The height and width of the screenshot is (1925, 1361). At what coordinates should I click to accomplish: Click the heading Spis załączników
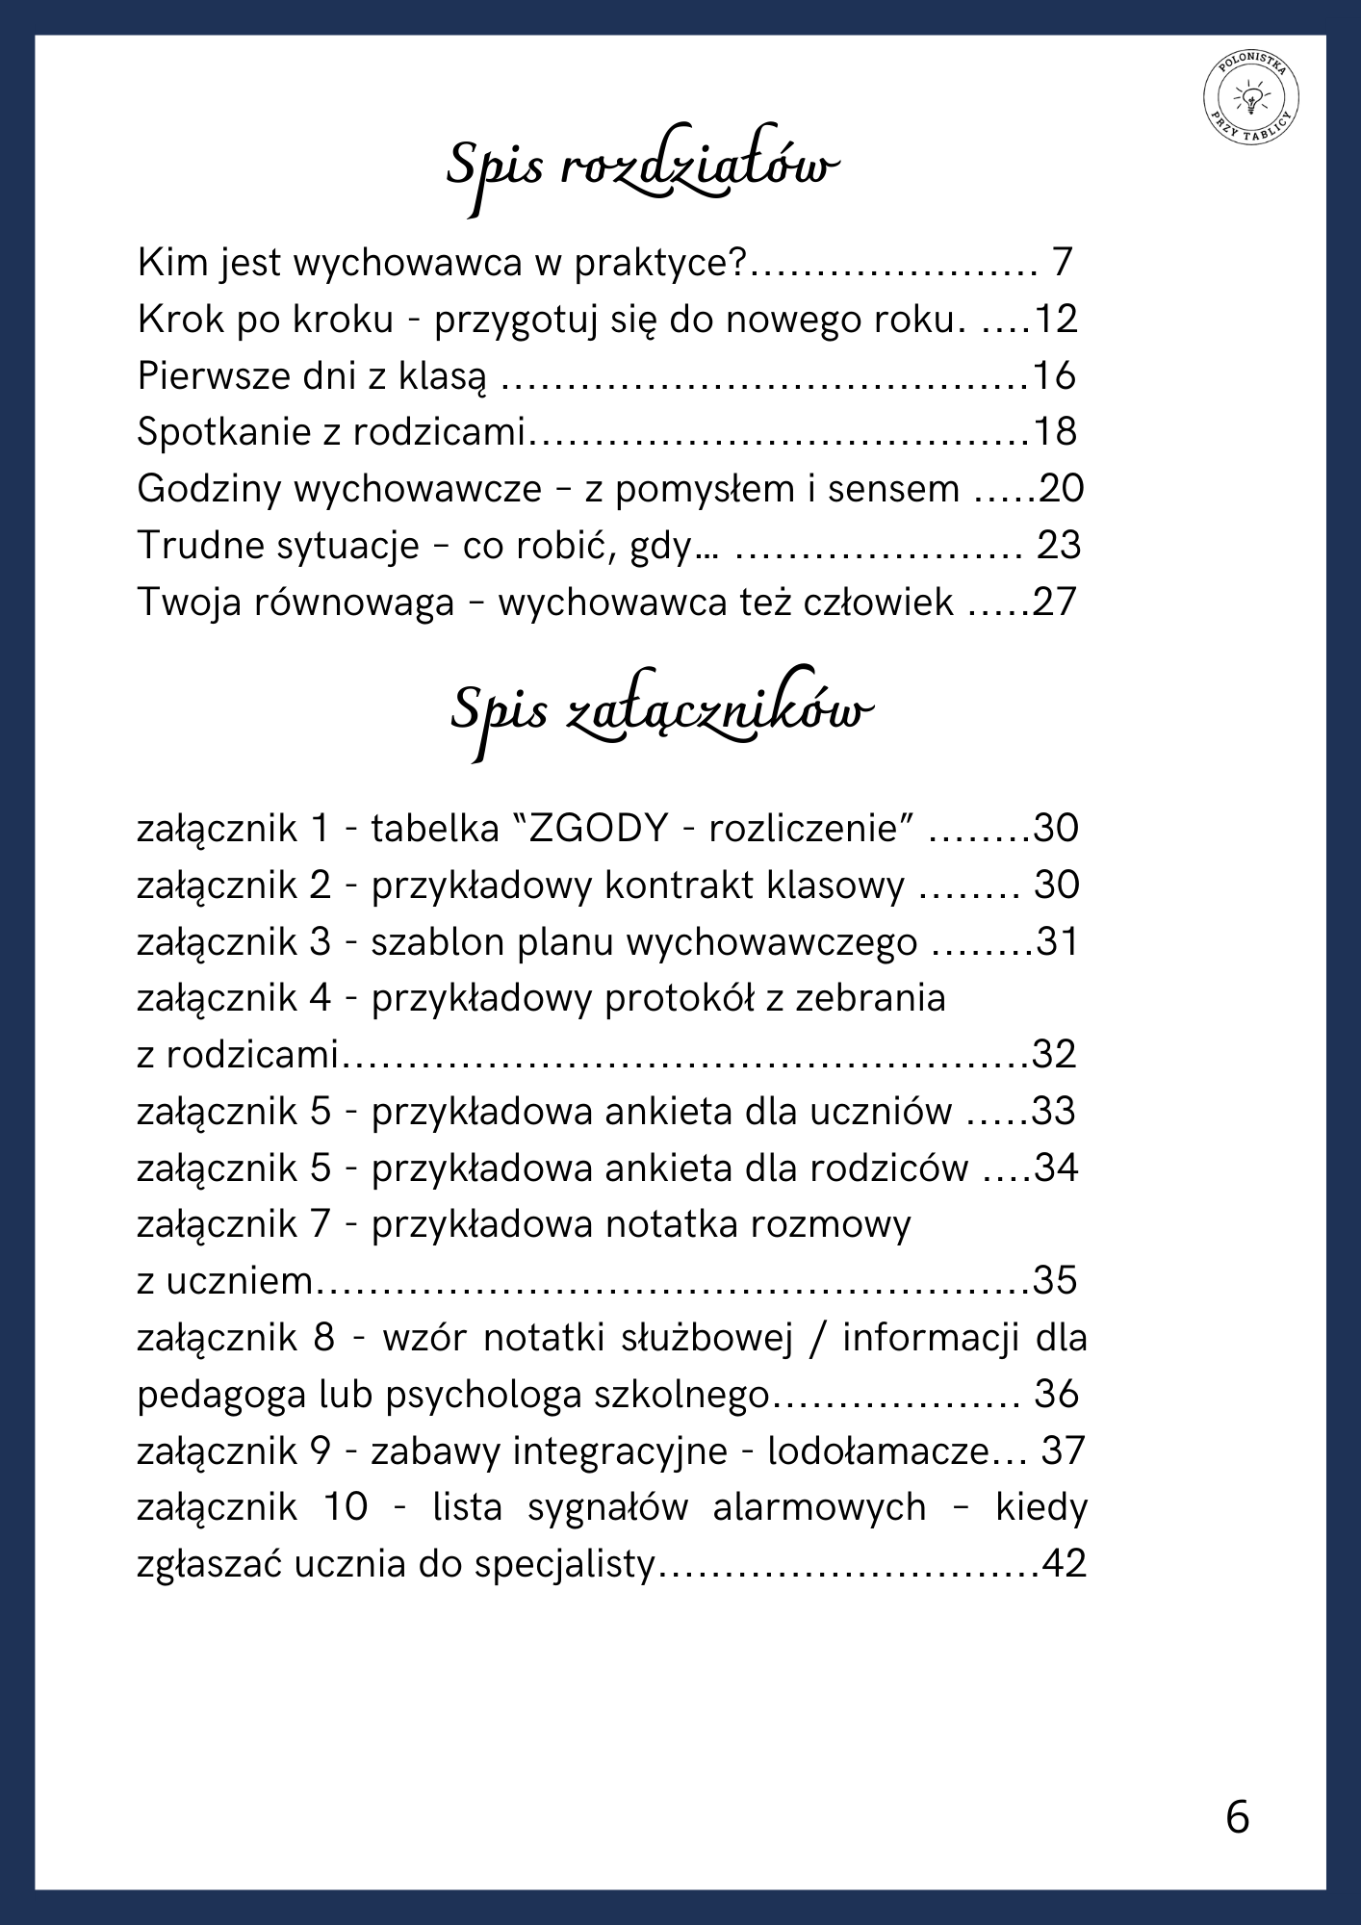pyautogui.click(x=661, y=713)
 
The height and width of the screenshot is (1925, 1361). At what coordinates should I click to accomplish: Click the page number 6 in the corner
pyautogui.click(x=1238, y=1817)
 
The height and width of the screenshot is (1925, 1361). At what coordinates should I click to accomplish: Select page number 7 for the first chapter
pyautogui.click(x=1062, y=263)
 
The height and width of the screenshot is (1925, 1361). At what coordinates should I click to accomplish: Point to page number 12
pyautogui.click(x=1055, y=320)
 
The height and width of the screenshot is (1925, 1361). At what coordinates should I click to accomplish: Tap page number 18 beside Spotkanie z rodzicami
pyautogui.click(x=1054, y=432)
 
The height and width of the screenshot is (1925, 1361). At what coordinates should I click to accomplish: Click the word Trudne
pyautogui.click(x=195, y=546)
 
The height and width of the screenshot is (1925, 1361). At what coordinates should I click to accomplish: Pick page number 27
pyautogui.click(x=1054, y=603)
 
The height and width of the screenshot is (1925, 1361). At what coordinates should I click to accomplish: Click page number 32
pyautogui.click(x=1054, y=1055)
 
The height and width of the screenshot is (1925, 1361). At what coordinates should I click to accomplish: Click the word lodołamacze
pyautogui.click(x=878, y=1451)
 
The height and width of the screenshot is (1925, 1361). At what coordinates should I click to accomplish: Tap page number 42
pyautogui.click(x=1065, y=1564)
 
